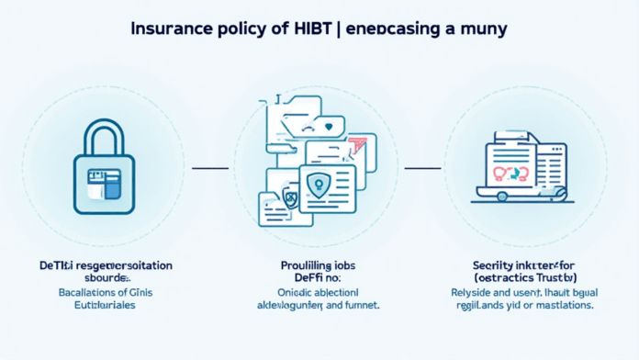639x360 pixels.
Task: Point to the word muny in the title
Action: point(482,28)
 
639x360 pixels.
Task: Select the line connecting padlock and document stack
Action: point(209,168)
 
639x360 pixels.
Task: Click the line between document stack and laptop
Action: point(423,168)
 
